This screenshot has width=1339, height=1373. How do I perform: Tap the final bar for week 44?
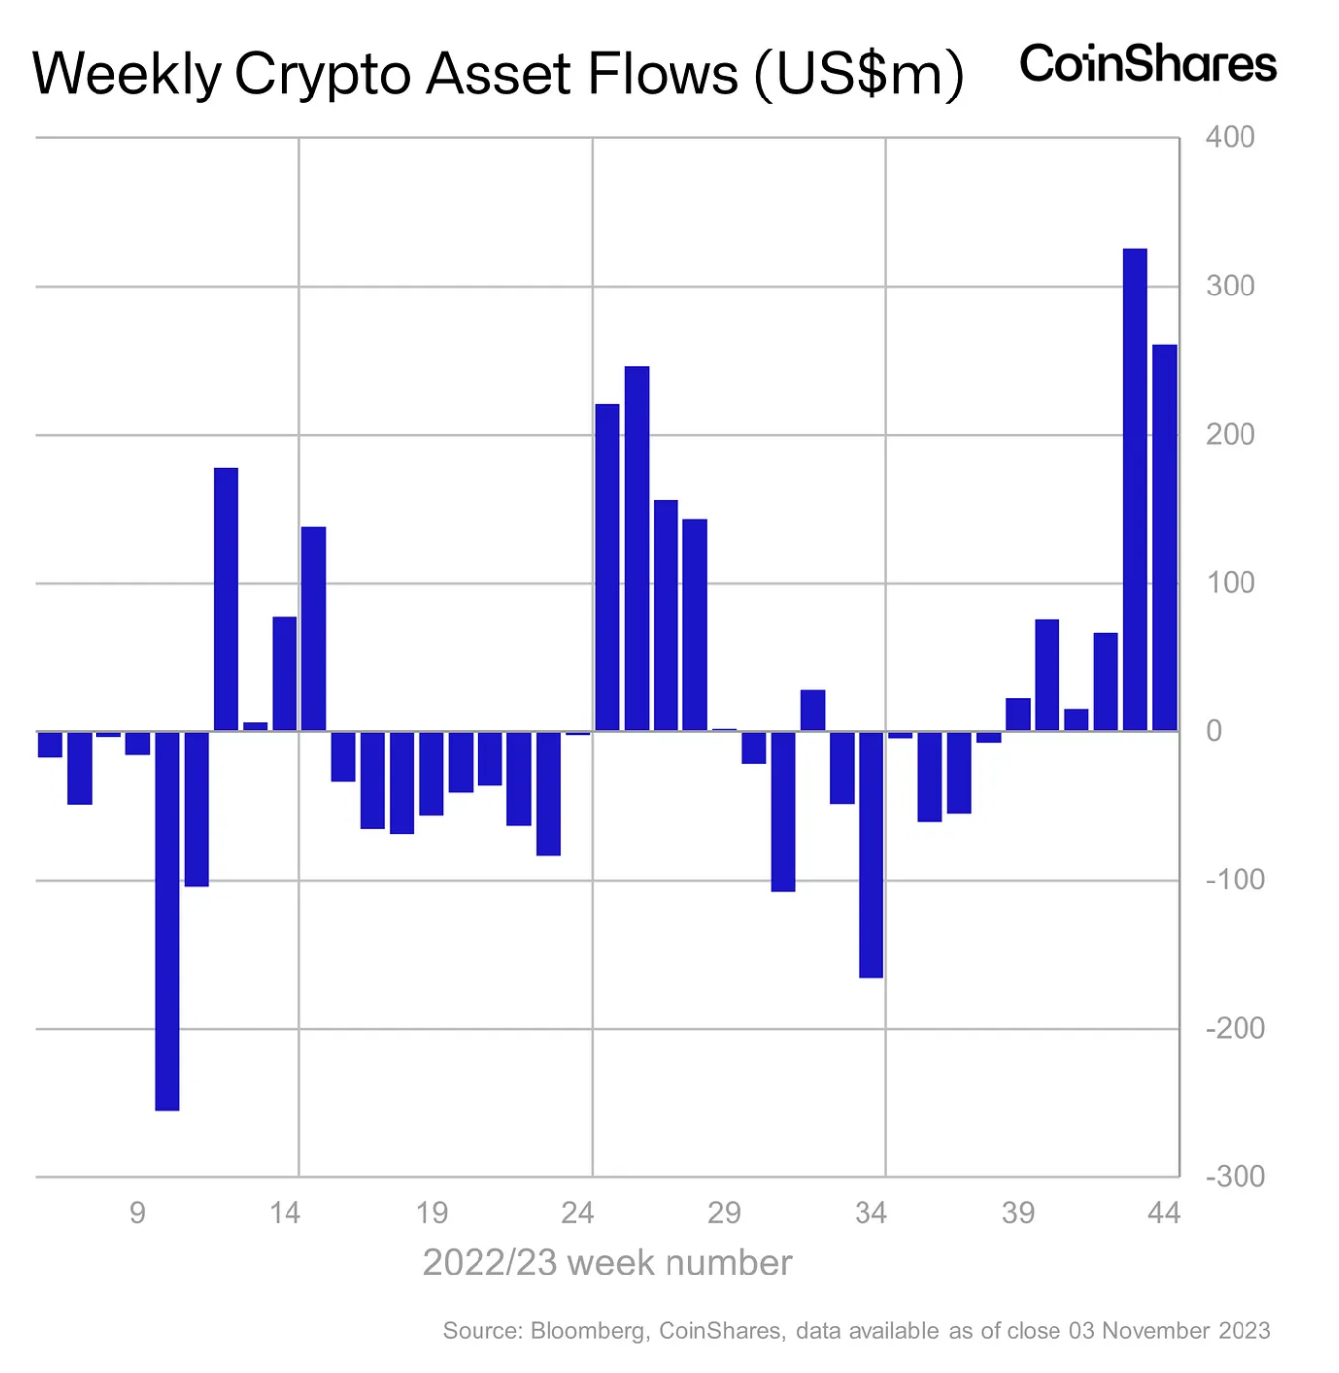point(1164,537)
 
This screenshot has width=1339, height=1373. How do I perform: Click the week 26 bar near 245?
point(637,548)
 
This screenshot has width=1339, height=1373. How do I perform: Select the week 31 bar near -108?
point(783,811)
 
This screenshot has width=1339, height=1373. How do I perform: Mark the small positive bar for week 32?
point(813,710)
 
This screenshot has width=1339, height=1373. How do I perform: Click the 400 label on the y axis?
point(1230,137)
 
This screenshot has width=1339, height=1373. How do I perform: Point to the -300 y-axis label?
point(1235,1176)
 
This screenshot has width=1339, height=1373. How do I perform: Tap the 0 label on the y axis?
point(1214,731)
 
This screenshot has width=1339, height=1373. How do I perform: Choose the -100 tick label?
point(1235,880)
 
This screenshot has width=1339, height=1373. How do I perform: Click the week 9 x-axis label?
point(137,1212)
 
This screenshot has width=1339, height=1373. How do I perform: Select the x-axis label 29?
point(724,1212)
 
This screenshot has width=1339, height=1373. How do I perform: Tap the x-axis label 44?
point(1163,1212)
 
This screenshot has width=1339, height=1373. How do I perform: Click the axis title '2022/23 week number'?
point(607,1263)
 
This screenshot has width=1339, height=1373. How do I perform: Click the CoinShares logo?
point(1148,64)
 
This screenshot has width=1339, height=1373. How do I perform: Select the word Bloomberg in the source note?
point(588,1331)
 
